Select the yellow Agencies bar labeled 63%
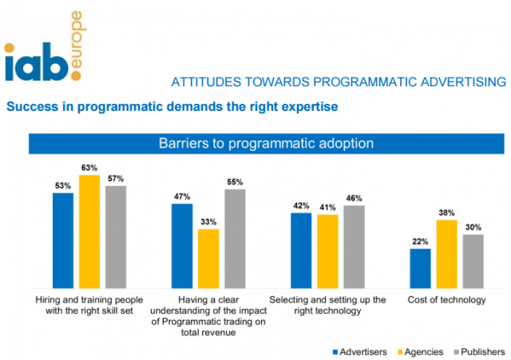[x=89, y=231]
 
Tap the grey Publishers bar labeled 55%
[x=236, y=238]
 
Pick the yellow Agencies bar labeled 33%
[x=208, y=259]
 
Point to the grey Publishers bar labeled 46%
[x=354, y=247]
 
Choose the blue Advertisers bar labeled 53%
[x=63, y=239]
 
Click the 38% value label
[x=446, y=213]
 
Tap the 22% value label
[x=420, y=242]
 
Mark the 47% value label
[x=182, y=196]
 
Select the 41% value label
[x=327, y=208]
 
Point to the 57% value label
[x=117, y=179]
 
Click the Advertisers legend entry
[x=359, y=350]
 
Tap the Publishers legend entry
[x=478, y=350]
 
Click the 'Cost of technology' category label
[x=446, y=300]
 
